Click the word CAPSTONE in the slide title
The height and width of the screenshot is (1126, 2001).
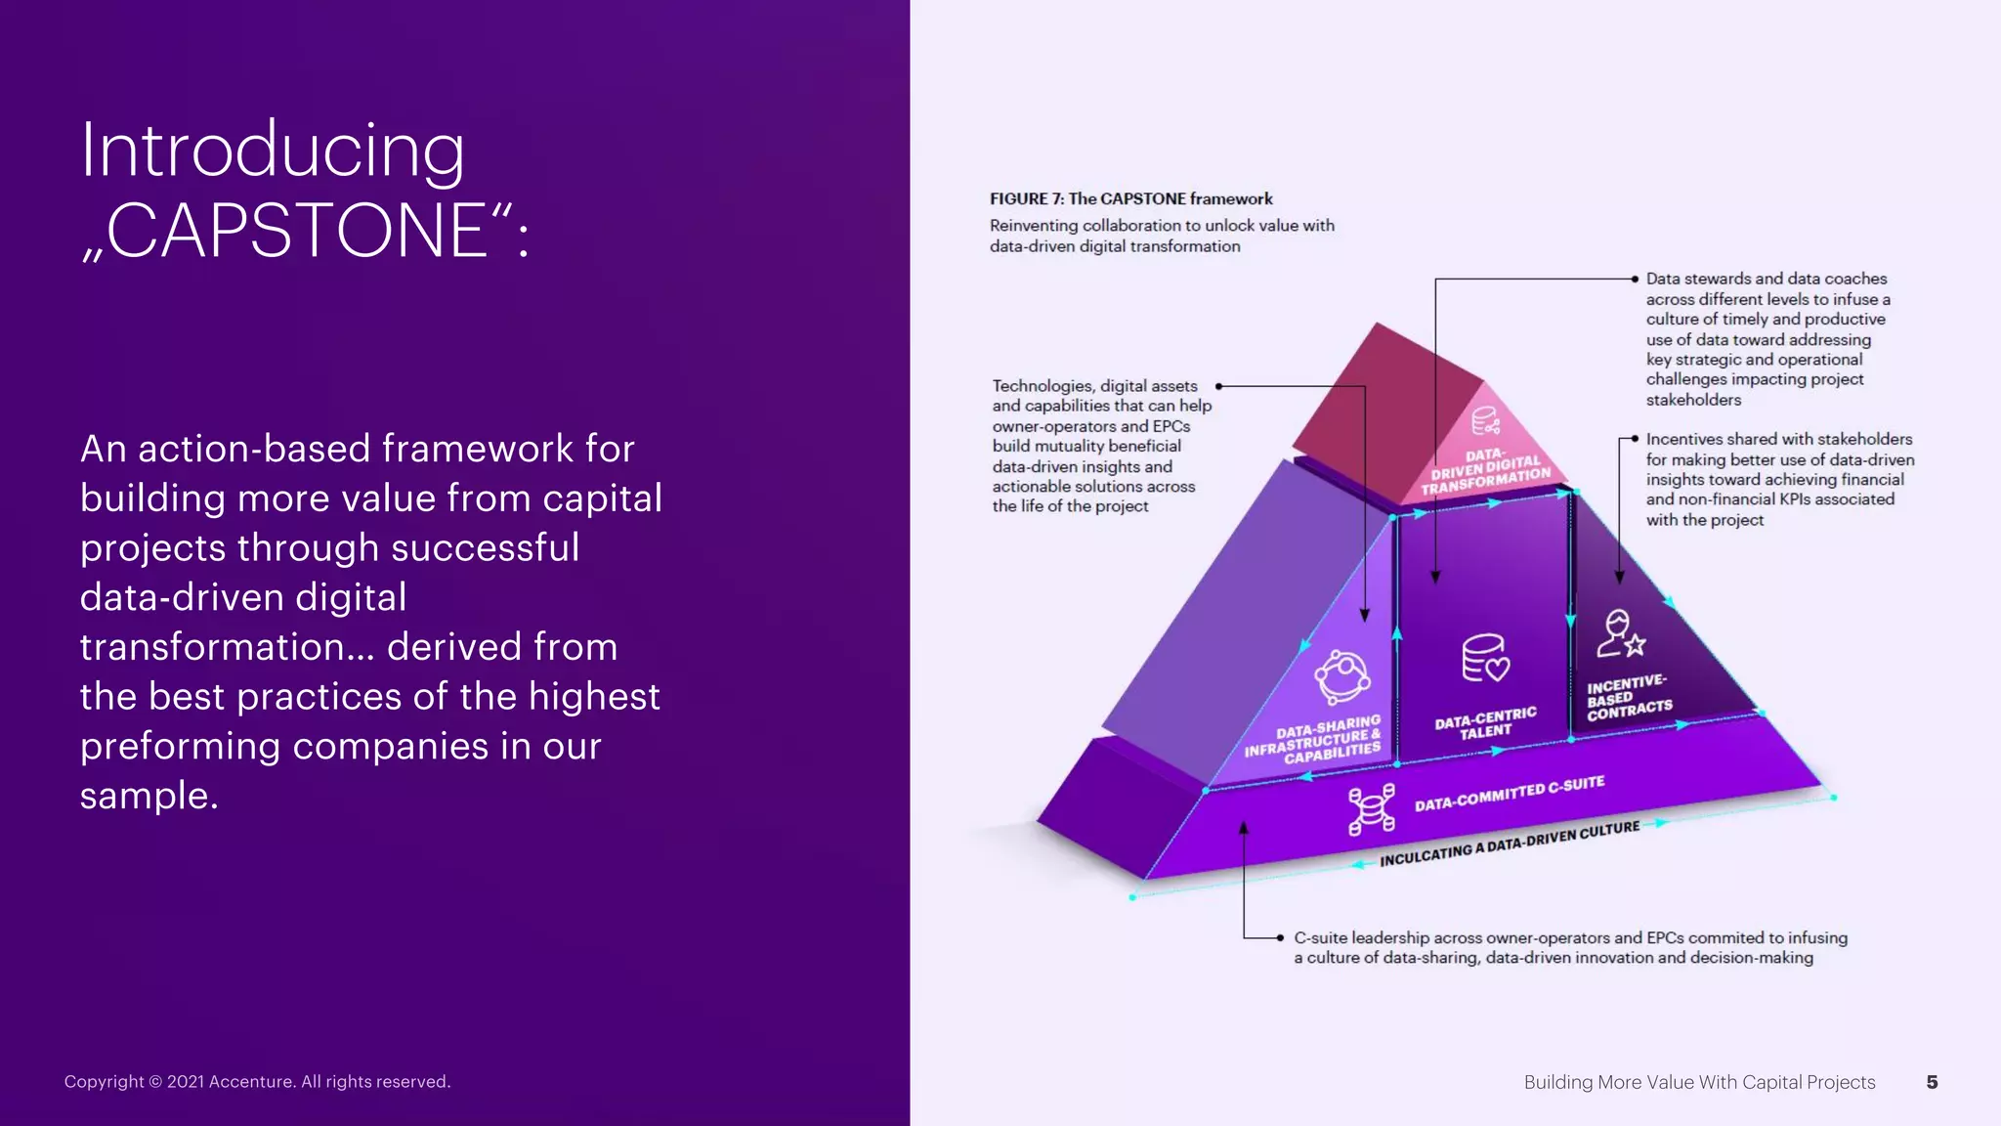297,231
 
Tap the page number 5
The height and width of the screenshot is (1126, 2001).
1932,1082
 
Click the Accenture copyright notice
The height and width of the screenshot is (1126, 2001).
257,1082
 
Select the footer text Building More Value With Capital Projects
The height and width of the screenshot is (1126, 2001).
1699,1082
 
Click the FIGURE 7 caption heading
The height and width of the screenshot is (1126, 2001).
1130,199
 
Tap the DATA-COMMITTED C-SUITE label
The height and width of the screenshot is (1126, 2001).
1510,794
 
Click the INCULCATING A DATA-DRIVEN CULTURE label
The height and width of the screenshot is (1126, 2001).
1510,844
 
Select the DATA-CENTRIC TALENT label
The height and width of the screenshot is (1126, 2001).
1485,723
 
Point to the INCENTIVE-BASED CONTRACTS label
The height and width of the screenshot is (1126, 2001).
1629,697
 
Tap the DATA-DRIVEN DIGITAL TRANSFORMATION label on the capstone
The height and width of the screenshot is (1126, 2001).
1485,471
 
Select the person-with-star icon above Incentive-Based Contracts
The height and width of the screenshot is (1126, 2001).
1620,634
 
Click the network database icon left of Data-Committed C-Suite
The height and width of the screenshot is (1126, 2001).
1371,809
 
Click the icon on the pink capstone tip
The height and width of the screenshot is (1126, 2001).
1485,421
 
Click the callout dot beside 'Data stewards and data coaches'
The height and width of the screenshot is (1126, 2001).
1635,280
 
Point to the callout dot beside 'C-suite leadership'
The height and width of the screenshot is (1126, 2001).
1280,938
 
